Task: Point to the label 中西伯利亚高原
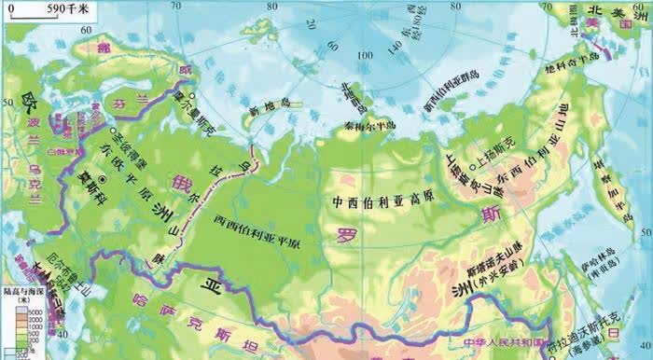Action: coord(371,201)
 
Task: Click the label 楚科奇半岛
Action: coord(571,72)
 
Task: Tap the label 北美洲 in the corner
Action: coord(607,11)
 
